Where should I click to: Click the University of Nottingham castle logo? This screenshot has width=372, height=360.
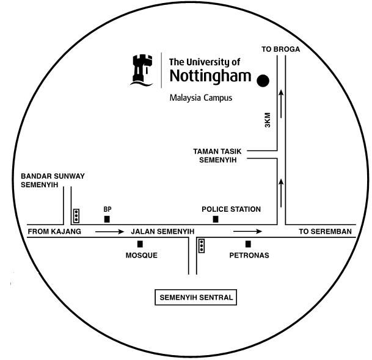point(142,70)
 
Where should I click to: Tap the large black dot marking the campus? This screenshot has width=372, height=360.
point(263,80)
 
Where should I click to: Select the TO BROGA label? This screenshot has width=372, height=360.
point(281,49)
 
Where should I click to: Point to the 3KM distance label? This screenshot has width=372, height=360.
point(267,120)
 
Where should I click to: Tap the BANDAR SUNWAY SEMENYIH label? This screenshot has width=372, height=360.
point(53,180)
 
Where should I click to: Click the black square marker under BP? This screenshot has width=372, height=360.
point(107,218)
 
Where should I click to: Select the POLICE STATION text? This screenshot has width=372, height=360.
point(231,209)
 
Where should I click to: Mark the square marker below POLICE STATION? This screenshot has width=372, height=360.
point(215,219)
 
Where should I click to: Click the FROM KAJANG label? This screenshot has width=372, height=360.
point(54,232)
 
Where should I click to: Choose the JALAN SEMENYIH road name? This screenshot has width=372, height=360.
point(162,232)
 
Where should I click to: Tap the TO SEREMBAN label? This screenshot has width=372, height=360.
point(326,232)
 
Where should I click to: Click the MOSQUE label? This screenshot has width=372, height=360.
point(141,256)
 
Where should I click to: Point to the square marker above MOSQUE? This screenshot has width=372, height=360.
point(140,244)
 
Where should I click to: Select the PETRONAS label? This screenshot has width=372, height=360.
point(249,256)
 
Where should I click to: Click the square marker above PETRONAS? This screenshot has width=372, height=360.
point(248,244)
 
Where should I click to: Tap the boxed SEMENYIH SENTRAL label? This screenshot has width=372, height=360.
point(196,298)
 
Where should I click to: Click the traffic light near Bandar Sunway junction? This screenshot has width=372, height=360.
point(76,216)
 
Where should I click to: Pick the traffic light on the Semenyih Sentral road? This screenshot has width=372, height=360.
point(201,246)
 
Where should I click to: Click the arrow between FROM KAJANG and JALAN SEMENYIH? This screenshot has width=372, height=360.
point(109,232)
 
